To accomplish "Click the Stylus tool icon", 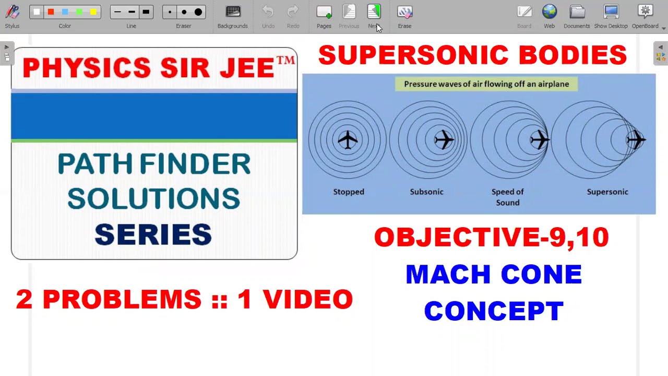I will [12, 11].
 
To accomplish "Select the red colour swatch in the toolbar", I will [51, 12].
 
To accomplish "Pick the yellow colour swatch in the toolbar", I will [93, 12].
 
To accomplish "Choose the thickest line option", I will [146, 12].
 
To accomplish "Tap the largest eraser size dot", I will [198, 12].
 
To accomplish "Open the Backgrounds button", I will [233, 12].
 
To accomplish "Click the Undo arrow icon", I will [268, 11].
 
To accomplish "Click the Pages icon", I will [324, 11].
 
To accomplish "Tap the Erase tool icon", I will [404, 11].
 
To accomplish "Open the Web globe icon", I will [549, 11].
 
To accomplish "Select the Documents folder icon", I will [577, 11].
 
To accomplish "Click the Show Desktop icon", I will [611, 11].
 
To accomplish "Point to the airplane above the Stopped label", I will [348, 140].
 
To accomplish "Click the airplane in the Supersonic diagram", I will [636, 139].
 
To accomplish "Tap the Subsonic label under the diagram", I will [426, 192].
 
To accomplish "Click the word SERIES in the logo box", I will [153, 234].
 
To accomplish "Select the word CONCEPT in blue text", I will [493, 311].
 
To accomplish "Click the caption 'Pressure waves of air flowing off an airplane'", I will [486, 84].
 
